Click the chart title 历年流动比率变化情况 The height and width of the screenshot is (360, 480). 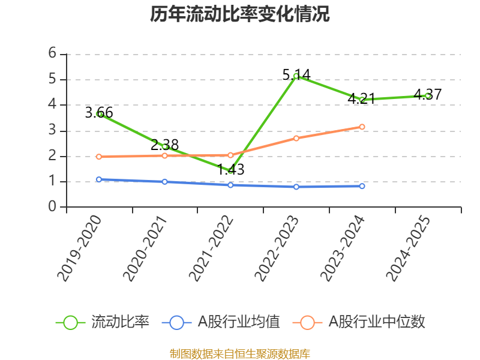[239, 14]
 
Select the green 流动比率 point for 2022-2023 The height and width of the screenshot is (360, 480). [296, 76]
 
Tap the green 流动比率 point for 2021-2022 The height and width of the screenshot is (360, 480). [230, 170]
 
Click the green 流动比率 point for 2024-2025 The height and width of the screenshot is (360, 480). [428, 95]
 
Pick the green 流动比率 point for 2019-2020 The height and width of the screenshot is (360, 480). [99, 113]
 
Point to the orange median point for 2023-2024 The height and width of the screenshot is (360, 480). [362, 127]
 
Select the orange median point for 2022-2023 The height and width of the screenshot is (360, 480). [296, 138]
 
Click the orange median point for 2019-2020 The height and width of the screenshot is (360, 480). [99, 157]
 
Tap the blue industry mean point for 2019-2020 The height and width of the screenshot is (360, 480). [99, 179]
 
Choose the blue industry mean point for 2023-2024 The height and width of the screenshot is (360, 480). [362, 186]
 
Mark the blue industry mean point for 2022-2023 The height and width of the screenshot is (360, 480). [296, 187]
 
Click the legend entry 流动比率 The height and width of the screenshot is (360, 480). [103, 322]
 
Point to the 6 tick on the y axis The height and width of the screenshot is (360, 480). [53, 53]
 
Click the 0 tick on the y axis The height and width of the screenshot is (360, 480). [53, 207]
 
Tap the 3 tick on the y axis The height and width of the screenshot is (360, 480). [53, 130]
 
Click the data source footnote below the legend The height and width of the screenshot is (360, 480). [239, 354]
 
